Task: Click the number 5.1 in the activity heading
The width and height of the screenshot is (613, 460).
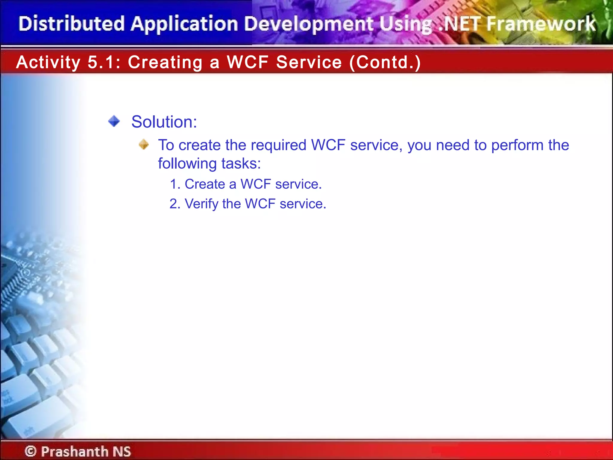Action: point(101,62)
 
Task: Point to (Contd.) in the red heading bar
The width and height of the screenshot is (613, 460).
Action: point(385,62)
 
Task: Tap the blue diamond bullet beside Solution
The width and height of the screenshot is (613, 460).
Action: point(114,121)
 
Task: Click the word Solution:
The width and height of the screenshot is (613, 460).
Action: point(164,122)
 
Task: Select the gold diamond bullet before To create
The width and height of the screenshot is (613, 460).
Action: point(144,144)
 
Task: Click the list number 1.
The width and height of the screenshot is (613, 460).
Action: point(175,184)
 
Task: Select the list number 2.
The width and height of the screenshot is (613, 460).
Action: point(175,204)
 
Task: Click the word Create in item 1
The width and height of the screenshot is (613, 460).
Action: point(205,184)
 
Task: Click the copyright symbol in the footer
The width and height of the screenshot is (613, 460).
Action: point(31,451)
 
